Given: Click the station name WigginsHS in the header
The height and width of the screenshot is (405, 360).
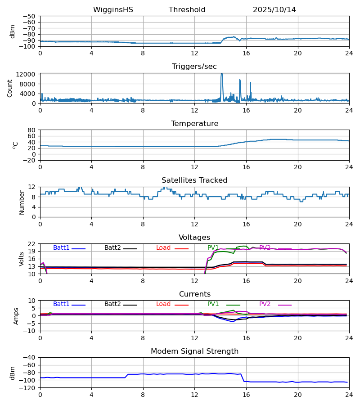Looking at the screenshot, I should [x=113, y=10].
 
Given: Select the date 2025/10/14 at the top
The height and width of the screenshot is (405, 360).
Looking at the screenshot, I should [x=274, y=10].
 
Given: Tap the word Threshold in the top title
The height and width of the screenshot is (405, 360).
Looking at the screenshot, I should [x=187, y=10].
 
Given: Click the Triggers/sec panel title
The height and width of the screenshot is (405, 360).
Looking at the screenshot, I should [x=194, y=67].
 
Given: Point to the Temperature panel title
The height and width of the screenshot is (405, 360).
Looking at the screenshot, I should [x=194, y=124].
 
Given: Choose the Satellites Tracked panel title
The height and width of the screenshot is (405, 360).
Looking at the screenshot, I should [x=194, y=180].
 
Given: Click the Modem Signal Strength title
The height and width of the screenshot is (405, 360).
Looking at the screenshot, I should [x=194, y=351].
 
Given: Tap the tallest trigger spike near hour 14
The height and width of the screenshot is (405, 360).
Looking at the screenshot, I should [x=221, y=75].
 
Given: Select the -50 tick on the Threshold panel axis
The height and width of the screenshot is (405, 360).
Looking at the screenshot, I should [x=30, y=16].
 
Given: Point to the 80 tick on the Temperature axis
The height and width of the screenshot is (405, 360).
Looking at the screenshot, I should [x=32, y=130].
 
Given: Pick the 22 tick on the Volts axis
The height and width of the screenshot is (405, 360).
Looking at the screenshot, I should [x=32, y=244].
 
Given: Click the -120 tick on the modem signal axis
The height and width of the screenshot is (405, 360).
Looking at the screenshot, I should [x=28, y=388].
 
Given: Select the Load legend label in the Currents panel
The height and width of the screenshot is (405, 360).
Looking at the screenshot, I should [x=163, y=304].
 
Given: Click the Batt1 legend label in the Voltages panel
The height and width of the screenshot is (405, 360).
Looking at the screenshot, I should [x=61, y=248].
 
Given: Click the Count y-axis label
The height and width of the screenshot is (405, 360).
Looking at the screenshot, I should [x=10, y=88].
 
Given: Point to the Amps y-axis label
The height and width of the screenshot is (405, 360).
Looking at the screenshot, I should [x=16, y=316].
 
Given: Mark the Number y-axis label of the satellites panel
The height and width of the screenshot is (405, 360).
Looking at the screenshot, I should [x=22, y=202].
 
